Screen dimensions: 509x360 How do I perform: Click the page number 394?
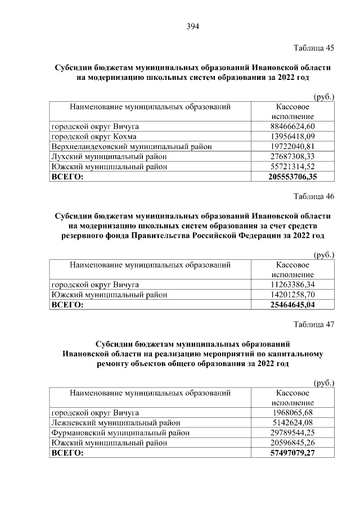pos(193,26)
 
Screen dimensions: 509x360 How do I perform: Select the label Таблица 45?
pos(314,48)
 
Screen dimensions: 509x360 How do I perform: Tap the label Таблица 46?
pos(314,196)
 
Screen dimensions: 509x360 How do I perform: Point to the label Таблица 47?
pos(314,325)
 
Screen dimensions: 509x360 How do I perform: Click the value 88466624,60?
pos(292,126)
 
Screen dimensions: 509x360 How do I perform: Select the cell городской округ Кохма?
pos(94,136)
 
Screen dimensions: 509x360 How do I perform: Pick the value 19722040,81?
pos(292,146)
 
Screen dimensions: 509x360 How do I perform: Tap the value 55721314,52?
pos(292,166)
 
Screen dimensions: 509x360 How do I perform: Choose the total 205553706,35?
pos(292,177)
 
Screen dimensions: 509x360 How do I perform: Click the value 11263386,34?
pos(292,285)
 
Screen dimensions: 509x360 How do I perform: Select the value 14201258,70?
pos(292,295)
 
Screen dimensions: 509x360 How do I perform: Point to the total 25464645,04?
pos(292,305)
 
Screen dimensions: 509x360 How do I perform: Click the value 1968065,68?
pos(292,413)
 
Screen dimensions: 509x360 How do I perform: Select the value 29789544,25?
pos(292,433)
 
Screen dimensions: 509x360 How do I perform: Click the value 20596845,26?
pos(292,443)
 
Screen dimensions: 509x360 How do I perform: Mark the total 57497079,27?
pos(292,453)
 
